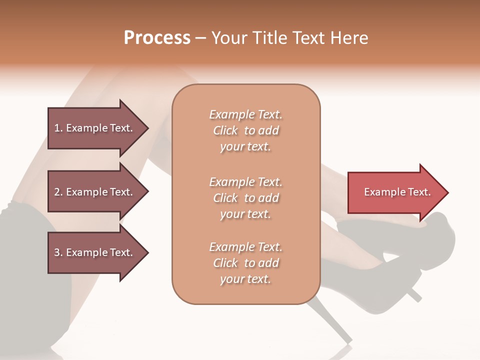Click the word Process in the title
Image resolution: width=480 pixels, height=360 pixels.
[157, 38]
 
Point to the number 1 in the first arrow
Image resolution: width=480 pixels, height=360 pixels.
[57, 128]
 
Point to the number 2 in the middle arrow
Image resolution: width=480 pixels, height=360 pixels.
[57, 192]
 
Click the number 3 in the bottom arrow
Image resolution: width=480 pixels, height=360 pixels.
[57, 252]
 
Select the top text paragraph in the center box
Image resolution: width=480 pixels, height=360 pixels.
[245, 130]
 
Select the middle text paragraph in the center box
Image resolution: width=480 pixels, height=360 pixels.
[245, 198]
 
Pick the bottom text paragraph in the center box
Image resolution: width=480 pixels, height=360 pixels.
[245, 263]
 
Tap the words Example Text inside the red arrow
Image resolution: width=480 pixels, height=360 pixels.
[397, 192]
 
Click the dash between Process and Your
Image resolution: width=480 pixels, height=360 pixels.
[201, 38]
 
